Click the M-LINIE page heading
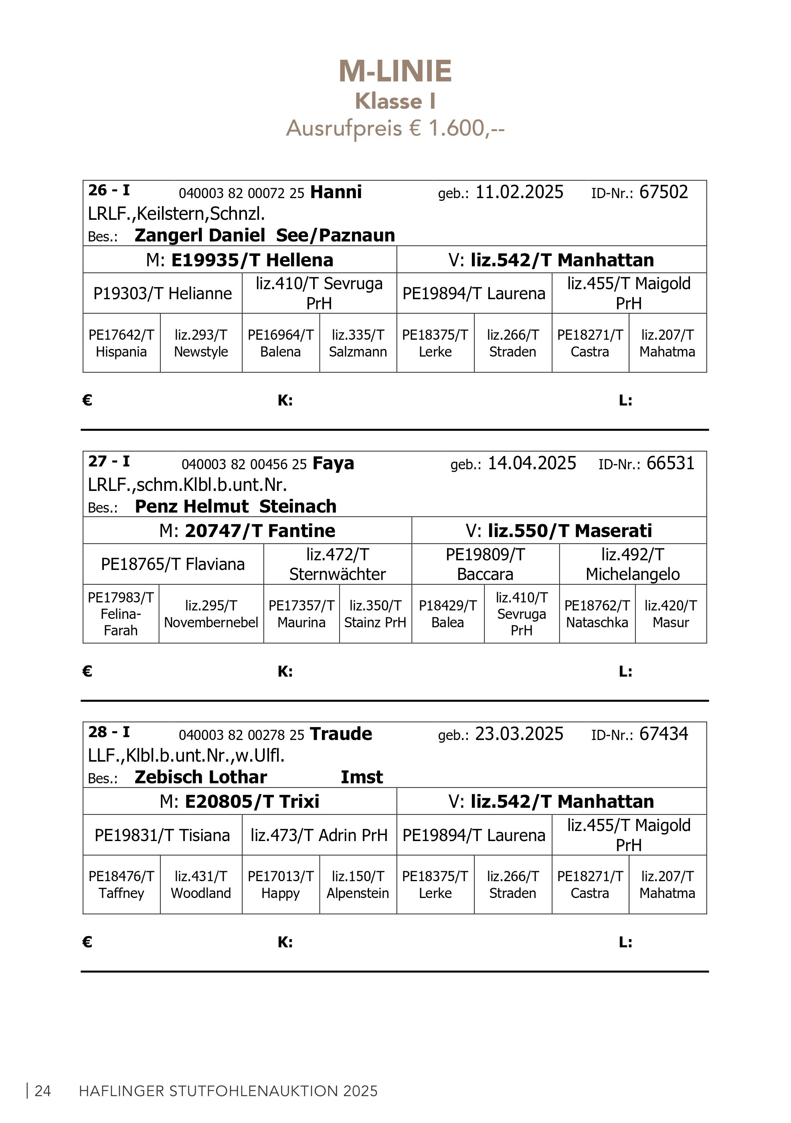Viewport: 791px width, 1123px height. [395, 71]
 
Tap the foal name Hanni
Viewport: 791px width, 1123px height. [336, 192]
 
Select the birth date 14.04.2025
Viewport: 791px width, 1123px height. [532, 463]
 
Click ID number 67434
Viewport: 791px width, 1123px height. [664, 734]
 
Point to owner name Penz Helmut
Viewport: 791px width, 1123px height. [192, 506]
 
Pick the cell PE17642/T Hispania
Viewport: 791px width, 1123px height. [121, 343]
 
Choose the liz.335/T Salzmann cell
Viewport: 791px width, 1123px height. [358, 343]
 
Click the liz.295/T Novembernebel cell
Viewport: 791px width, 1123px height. [211, 614]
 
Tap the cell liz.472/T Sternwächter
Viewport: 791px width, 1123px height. [337, 564]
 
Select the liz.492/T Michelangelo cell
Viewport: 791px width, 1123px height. [633, 564]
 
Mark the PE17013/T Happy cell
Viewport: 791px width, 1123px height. [281, 884]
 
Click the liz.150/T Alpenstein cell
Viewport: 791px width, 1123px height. [358, 884]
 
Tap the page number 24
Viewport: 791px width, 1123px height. [42, 1091]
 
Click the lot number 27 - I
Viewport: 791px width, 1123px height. [109, 461]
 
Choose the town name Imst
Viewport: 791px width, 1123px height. [362, 777]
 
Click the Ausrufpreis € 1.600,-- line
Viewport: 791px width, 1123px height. [395, 128]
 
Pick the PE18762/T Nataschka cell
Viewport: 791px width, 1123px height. [597, 614]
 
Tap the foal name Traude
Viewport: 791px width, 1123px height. [341, 734]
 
